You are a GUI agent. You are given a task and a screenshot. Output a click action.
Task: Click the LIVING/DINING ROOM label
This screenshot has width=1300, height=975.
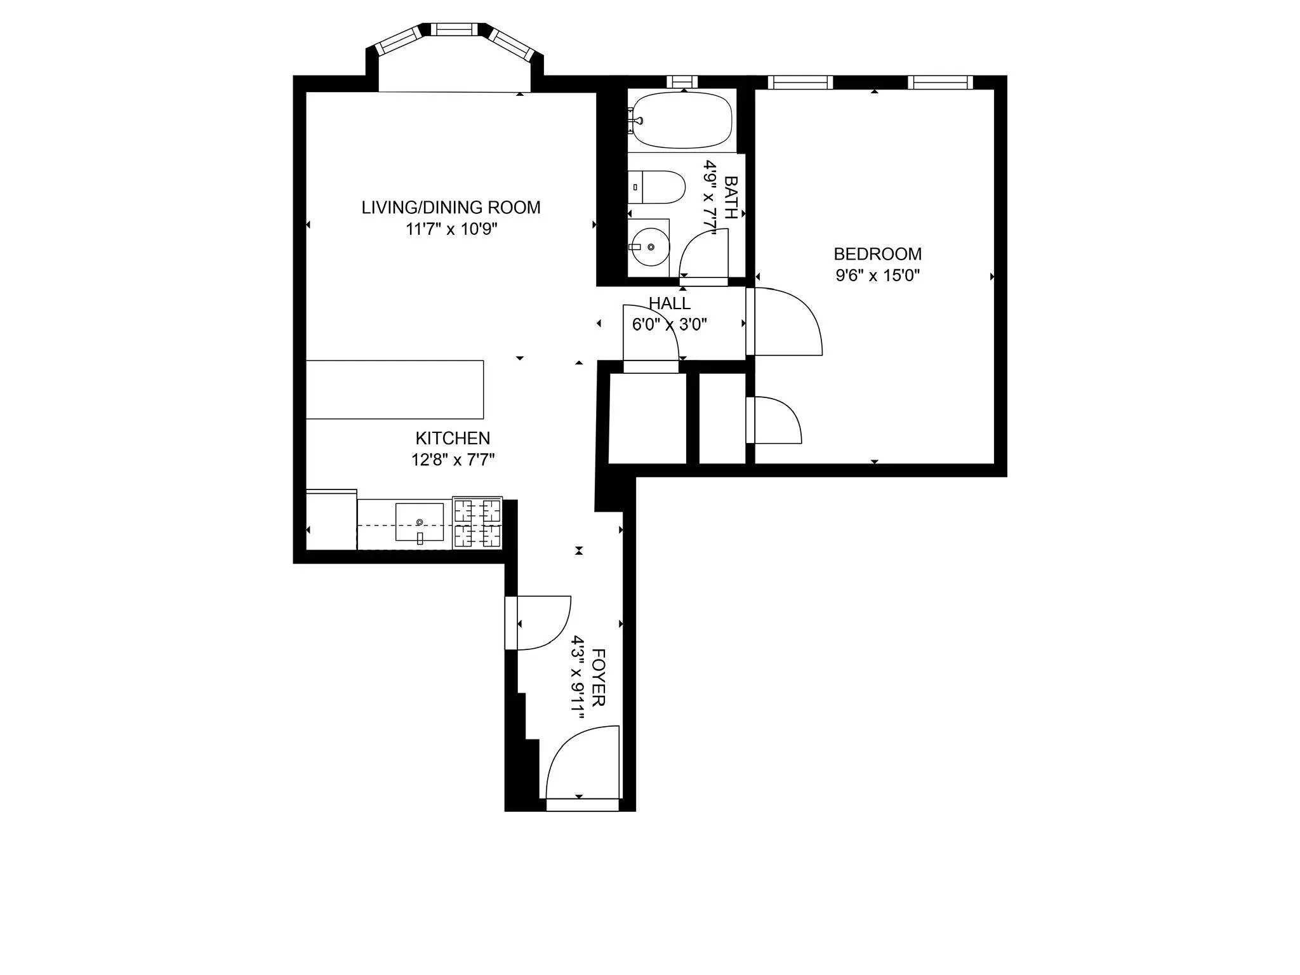point(451,208)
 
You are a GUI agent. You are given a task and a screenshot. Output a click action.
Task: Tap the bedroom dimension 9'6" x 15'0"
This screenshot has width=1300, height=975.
point(877,275)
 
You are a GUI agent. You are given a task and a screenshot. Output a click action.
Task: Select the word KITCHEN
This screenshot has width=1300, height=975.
point(453,438)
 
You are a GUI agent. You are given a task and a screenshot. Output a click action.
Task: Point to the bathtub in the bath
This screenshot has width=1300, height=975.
point(683,121)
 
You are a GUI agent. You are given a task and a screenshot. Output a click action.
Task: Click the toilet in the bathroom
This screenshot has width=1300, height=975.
point(660,187)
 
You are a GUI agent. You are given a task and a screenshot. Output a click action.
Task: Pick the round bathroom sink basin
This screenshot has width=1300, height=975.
point(650,247)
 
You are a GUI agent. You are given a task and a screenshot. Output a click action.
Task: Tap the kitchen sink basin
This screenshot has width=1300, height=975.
point(420,522)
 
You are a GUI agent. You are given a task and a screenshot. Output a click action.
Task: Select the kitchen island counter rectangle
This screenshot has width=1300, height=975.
point(395,390)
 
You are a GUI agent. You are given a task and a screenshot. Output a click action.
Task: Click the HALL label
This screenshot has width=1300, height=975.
point(669,303)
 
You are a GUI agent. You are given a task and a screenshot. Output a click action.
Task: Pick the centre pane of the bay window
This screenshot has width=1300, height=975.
point(454,29)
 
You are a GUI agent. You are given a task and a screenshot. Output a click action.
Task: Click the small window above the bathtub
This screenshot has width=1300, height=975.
point(682,82)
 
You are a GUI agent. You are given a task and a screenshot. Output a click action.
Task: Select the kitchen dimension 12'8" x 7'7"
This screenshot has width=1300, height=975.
point(453,460)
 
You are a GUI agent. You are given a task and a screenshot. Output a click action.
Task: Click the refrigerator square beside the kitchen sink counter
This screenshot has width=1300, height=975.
point(331,520)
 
